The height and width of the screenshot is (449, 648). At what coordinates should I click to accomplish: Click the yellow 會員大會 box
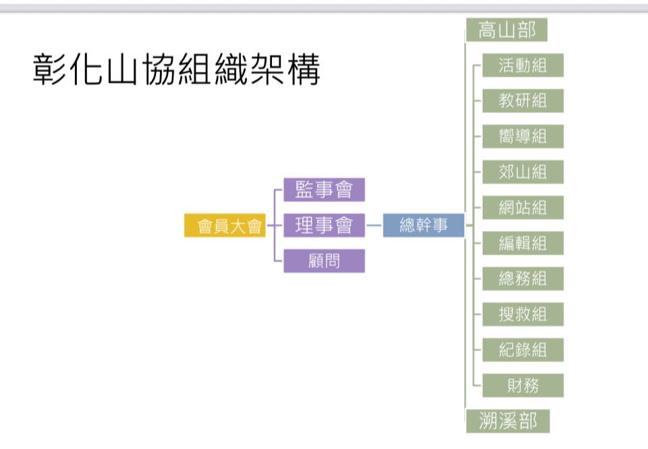(x=224, y=226)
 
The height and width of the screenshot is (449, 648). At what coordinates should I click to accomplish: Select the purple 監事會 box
(x=324, y=189)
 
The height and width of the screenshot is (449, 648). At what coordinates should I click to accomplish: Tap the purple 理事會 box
(x=324, y=225)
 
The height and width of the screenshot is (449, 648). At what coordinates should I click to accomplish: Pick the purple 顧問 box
(x=324, y=261)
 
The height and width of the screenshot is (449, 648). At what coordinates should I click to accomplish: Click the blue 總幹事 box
(x=424, y=225)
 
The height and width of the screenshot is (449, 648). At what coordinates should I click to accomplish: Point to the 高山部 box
(x=506, y=30)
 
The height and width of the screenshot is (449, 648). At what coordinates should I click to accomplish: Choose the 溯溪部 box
(x=508, y=421)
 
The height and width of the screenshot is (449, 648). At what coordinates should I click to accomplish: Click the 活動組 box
(x=522, y=65)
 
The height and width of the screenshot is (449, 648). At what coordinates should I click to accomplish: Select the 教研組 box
(x=522, y=101)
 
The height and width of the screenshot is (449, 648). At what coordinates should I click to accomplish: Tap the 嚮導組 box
(x=522, y=137)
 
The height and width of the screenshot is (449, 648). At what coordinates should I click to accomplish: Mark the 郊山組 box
(x=522, y=172)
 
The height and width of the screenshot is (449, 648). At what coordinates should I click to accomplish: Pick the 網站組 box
(x=522, y=208)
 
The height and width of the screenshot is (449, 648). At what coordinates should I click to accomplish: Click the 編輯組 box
(x=522, y=243)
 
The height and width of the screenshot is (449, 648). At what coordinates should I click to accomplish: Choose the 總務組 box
(x=522, y=278)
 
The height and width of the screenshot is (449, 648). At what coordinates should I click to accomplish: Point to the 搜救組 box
(x=522, y=314)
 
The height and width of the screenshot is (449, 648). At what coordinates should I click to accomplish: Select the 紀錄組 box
(x=522, y=350)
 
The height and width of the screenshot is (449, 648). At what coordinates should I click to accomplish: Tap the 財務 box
(x=522, y=386)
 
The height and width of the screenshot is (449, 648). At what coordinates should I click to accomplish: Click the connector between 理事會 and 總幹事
(x=374, y=225)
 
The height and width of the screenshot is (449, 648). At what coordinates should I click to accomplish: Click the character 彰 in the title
(x=49, y=70)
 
